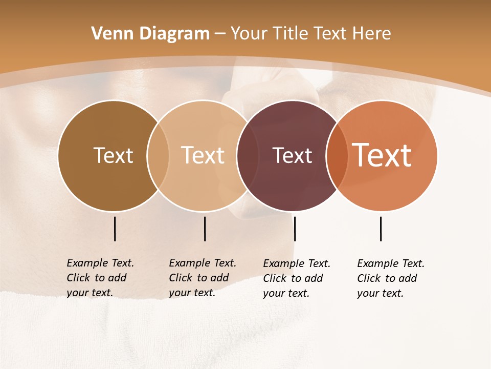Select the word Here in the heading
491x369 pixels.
(x=371, y=34)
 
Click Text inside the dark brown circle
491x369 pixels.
(x=113, y=155)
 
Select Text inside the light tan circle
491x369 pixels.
(x=203, y=155)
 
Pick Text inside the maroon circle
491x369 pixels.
(x=292, y=155)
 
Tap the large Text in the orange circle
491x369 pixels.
(x=382, y=155)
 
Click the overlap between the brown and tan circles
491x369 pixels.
(x=158, y=155)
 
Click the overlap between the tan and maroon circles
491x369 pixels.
(x=248, y=155)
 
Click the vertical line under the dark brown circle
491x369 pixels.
(x=115, y=229)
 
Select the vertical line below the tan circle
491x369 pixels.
(x=205, y=229)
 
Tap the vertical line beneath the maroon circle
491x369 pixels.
(x=295, y=229)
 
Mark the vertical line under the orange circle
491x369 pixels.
(x=381, y=229)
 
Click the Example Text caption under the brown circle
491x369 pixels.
(x=100, y=278)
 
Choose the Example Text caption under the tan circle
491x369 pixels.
(x=202, y=278)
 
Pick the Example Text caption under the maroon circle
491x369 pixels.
(x=296, y=278)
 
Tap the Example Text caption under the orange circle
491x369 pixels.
(x=390, y=278)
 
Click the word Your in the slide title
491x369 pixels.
(x=249, y=34)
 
